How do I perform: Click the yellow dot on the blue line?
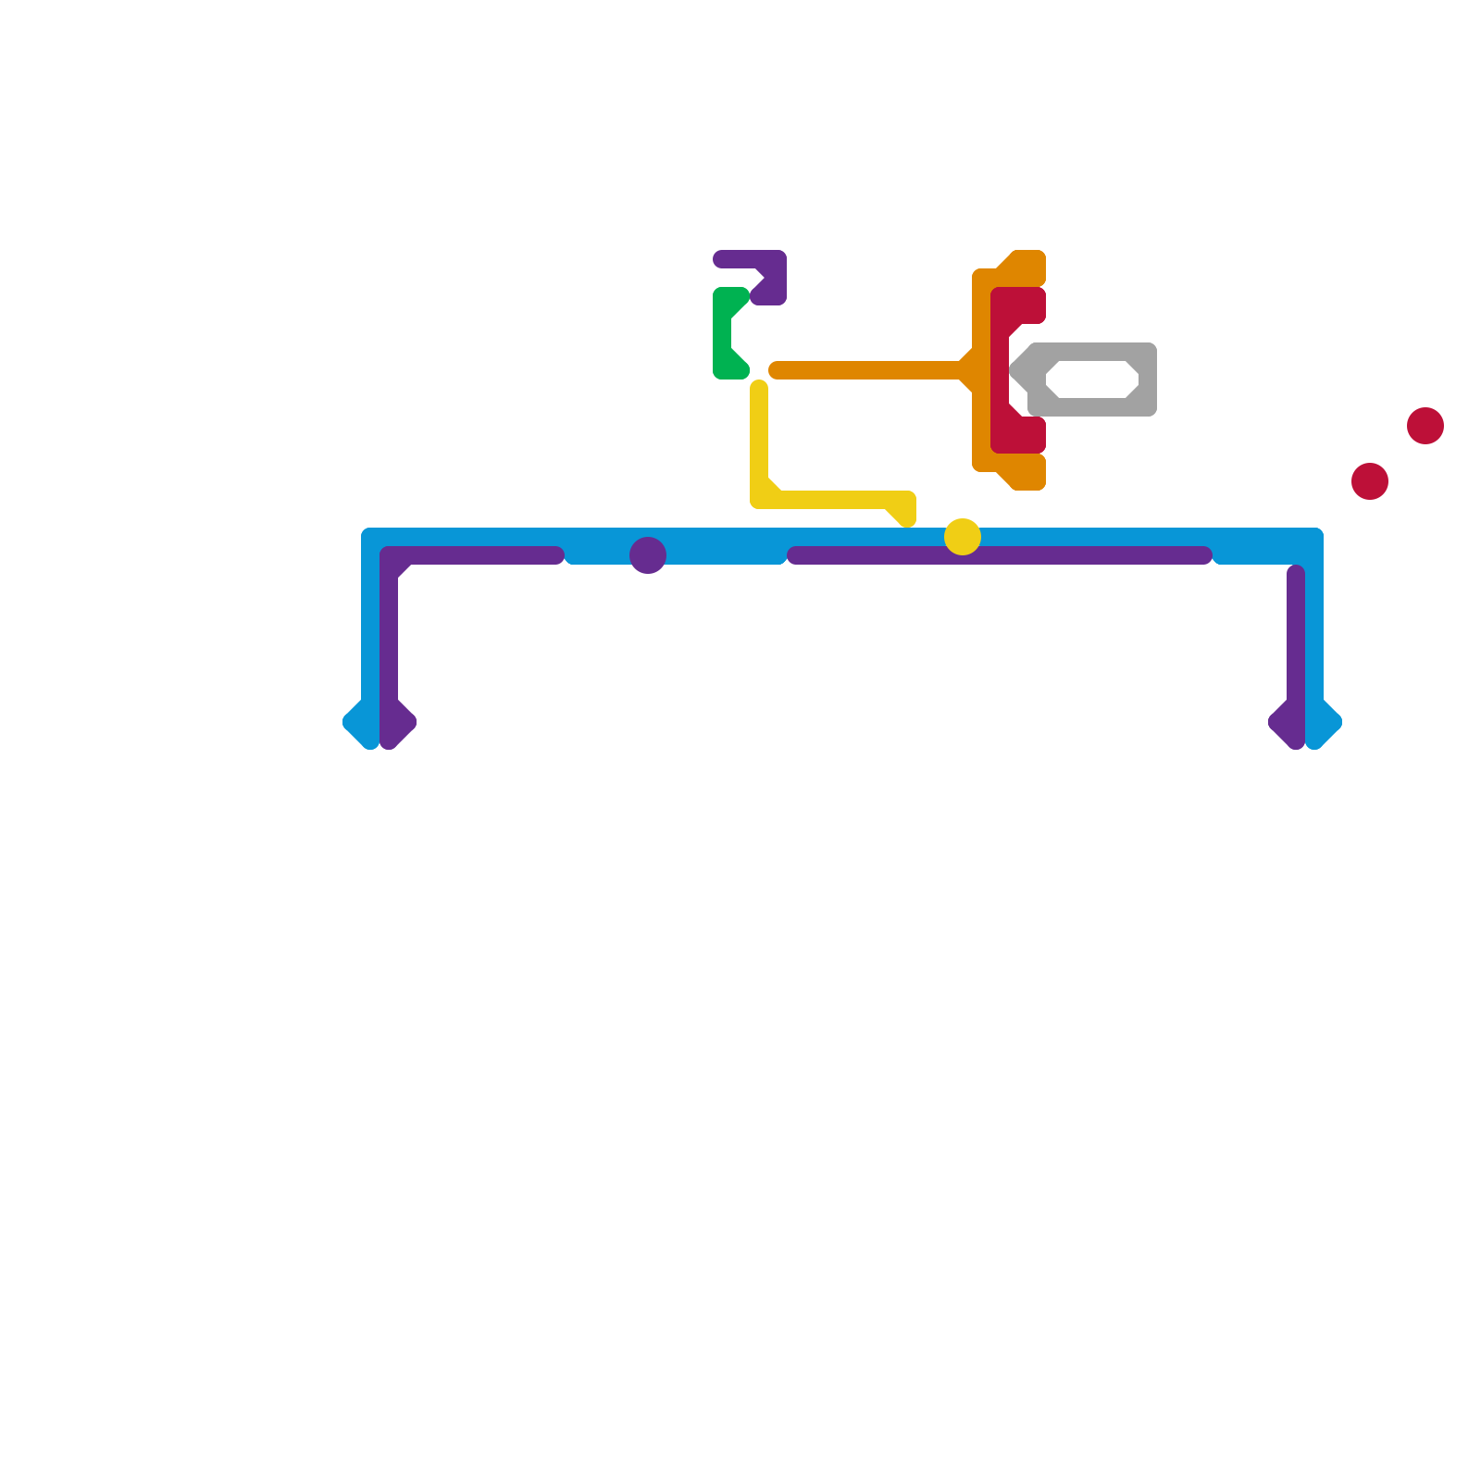[963, 537]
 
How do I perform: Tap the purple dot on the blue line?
[648, 555]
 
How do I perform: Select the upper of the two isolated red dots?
[1425, 426]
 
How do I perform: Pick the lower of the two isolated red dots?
[1370, 481]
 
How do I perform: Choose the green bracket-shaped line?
[723, 333]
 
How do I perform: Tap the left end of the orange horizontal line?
[776, 370]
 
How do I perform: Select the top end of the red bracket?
[1037, 305]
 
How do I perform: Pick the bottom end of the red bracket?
[1037, 435]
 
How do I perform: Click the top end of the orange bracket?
[1037, 264]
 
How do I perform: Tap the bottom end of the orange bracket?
[1037, 477]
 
